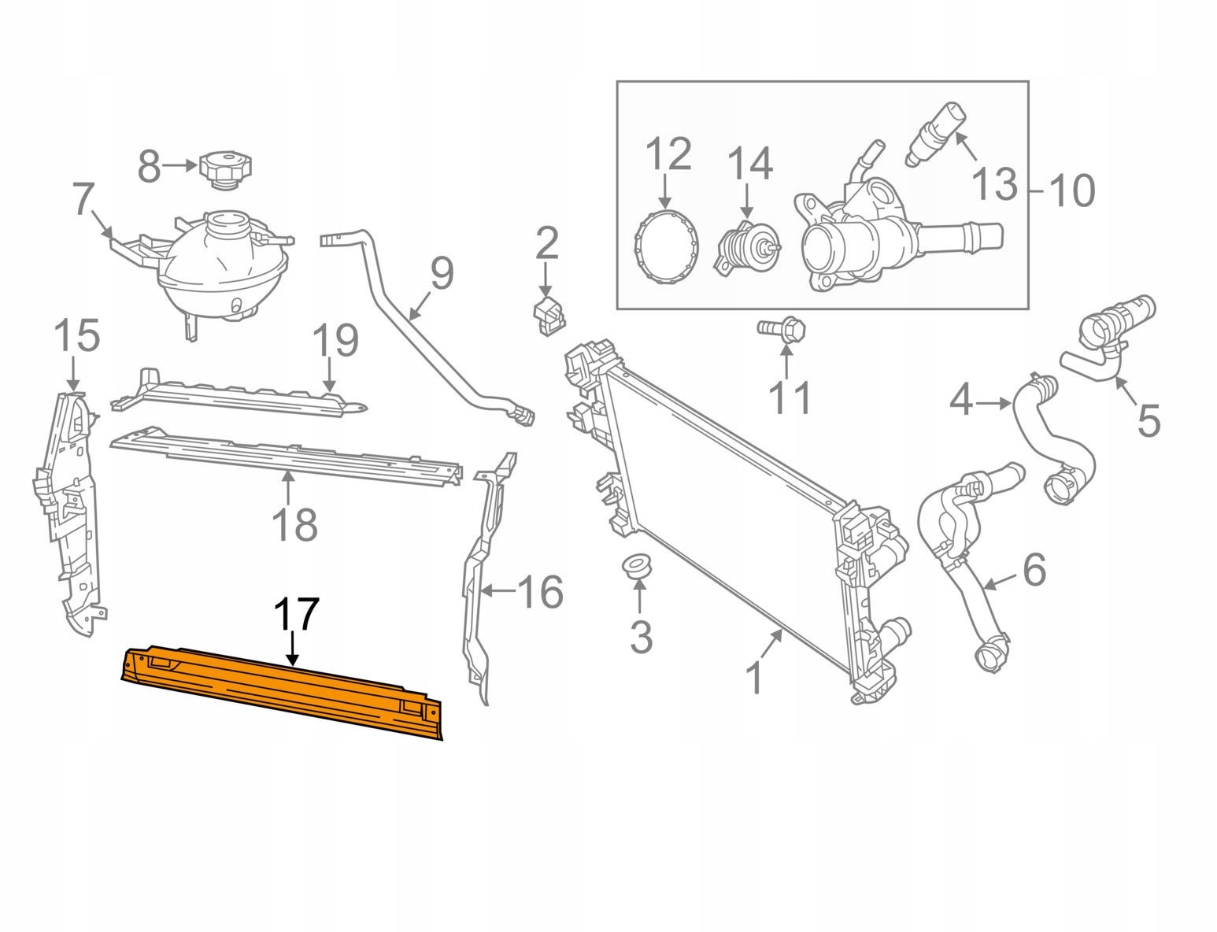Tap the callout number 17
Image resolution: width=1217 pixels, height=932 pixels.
[x=297, y=615]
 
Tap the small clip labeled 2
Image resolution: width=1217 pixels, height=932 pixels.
[x=548, y=314]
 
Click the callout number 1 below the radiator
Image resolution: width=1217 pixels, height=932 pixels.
[x=753, y=678]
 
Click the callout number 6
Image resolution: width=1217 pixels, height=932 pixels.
[x=1034, y=569]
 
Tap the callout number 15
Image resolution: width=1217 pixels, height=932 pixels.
[x=77, y=337]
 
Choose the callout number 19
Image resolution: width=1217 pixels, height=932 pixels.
[x=335, y=341]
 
